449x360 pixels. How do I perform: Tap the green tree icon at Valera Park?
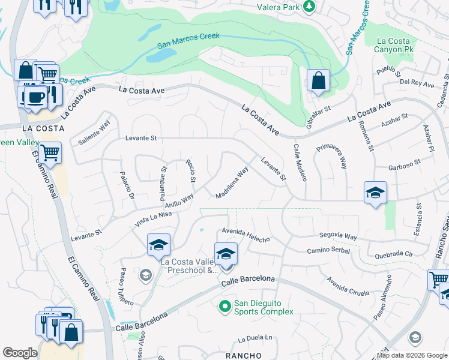309,6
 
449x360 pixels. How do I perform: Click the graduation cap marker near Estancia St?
375,193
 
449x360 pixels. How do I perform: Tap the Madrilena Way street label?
232,183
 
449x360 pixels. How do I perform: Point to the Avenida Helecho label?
246,235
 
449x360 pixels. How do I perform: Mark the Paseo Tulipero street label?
127,286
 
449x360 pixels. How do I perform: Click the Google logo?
20,353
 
